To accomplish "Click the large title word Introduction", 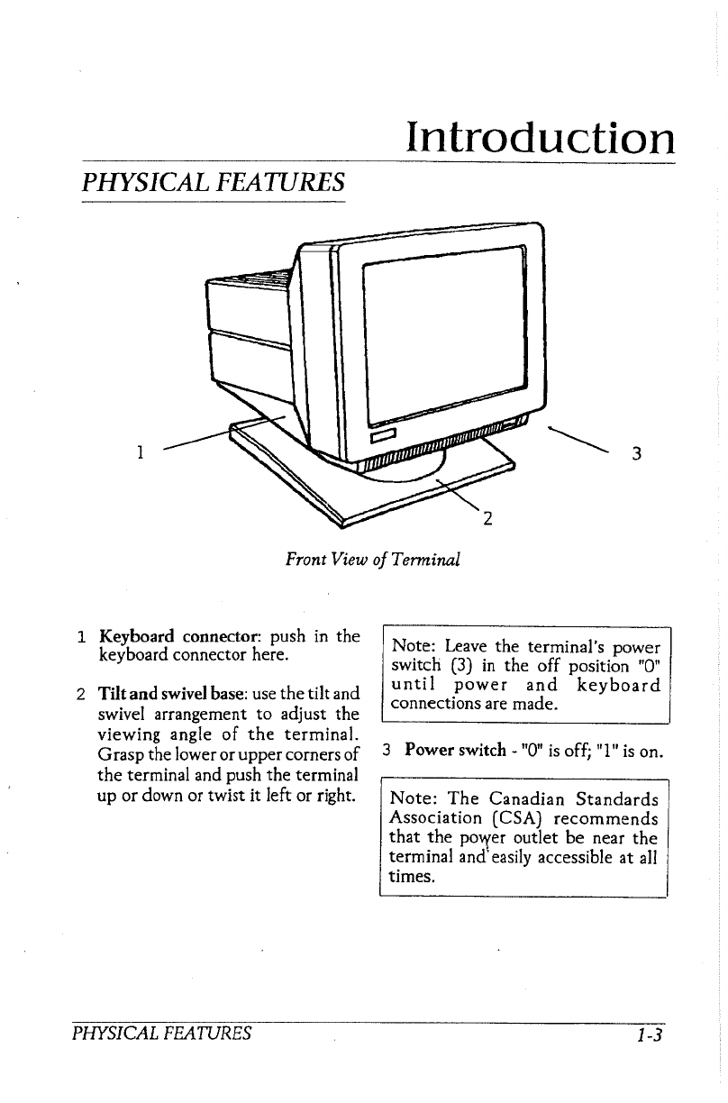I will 540,138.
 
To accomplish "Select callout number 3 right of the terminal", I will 636,453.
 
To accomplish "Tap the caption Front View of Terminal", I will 372,560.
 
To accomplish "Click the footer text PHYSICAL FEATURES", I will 161,1033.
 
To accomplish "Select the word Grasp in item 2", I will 120,752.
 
